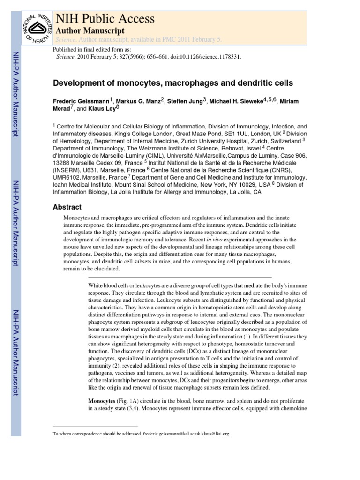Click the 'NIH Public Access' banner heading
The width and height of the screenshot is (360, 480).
(x=105, y=18)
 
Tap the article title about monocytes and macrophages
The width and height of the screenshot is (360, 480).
(x=172, y=83)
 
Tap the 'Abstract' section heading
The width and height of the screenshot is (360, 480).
(x=67, y=207)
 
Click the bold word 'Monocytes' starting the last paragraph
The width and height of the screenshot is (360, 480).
(x=102, y=402)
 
